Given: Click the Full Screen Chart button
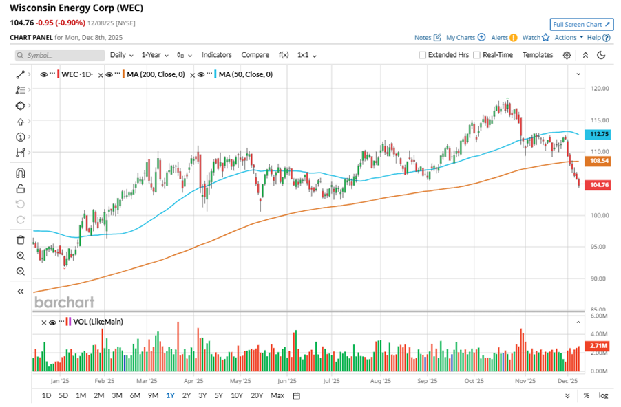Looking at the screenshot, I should point(581,24).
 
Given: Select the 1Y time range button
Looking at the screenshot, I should point(169,395).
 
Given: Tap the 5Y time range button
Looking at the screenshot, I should point(218,395).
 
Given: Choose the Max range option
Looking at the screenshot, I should point(277,395).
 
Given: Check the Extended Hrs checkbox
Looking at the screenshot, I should point(423,55).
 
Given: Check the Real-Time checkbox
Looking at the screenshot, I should point(477,55).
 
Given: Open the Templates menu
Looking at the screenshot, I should point(537,55).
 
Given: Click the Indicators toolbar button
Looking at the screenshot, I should point(216,55).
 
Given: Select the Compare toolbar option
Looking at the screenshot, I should point(255,55).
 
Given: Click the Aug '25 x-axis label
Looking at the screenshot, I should point(380,379).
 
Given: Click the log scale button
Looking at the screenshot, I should point(603,395).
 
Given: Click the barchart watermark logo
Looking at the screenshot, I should point(64,302).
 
